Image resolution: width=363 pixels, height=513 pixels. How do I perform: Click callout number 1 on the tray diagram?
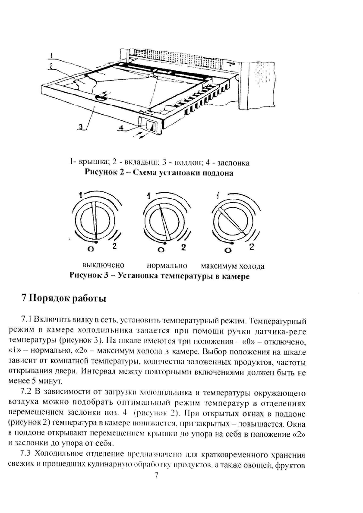click(x=51, y=55)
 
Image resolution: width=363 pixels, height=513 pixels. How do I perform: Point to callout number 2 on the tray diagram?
click(x=51, y=66)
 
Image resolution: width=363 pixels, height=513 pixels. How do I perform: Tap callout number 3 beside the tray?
click(x=81, y=126)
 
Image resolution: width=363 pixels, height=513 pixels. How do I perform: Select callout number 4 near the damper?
click(x=121, y=128)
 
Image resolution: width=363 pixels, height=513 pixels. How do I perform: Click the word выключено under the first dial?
click(x=103, y=265)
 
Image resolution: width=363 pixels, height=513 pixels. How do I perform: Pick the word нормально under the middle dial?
click(x=167, y=265)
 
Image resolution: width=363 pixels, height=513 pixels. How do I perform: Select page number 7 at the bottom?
click(x=157, y=475)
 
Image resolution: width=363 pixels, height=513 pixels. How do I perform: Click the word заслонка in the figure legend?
click(x=234, y=163)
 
